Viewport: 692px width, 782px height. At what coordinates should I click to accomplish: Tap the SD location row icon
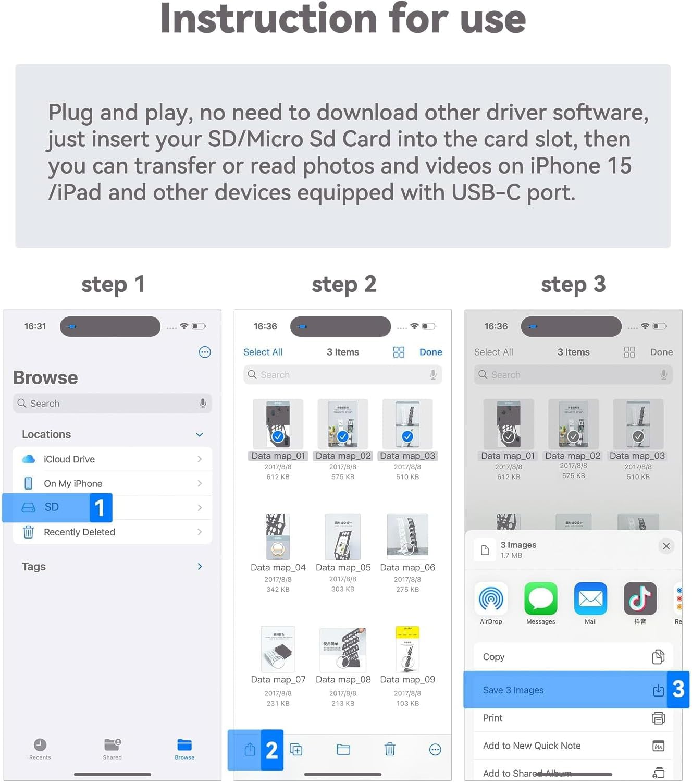coord(28,507)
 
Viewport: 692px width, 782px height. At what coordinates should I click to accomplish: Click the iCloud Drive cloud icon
coord(29,459)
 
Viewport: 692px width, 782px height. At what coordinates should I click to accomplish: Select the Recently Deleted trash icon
coord(29,532)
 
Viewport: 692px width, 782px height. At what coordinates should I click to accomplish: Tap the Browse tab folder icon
coord(184,744)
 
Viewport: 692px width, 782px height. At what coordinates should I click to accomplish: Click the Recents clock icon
coord(40,744)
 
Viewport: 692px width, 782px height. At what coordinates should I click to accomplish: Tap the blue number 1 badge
coord(100,507)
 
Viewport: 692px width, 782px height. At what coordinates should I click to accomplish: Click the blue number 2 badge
coord(271,750)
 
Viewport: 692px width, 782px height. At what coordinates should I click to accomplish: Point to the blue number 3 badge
coord(678,689)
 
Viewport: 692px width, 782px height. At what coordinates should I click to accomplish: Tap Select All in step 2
coord(263,352)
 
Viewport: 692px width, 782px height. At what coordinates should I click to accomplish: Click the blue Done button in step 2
coord(430,352)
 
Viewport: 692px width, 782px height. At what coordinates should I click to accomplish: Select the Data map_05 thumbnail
coord(343,536)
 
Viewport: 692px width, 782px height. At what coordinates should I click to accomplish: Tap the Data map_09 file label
coord(407,679)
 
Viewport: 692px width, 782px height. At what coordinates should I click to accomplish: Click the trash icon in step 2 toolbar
coord(390,750)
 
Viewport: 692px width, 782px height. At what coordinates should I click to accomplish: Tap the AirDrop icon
coord(491,598)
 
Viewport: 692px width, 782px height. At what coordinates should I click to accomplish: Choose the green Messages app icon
coord(540,598)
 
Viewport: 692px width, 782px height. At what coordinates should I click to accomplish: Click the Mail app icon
coord(590,598)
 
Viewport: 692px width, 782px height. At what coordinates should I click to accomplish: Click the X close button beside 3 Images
coord(666,546)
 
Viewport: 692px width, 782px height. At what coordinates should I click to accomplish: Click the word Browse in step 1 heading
coord(45,377)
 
